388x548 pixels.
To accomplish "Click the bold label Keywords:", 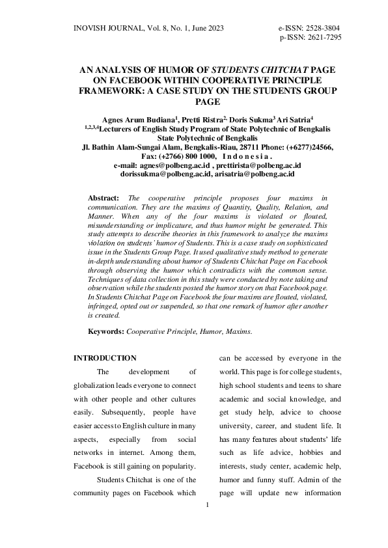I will pyautogui.click(x=106, y=331).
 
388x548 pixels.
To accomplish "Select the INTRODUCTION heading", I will pyautogui.click(x=105, y=358).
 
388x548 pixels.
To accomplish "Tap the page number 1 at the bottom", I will pyautogui.click(x=206, y=505).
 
